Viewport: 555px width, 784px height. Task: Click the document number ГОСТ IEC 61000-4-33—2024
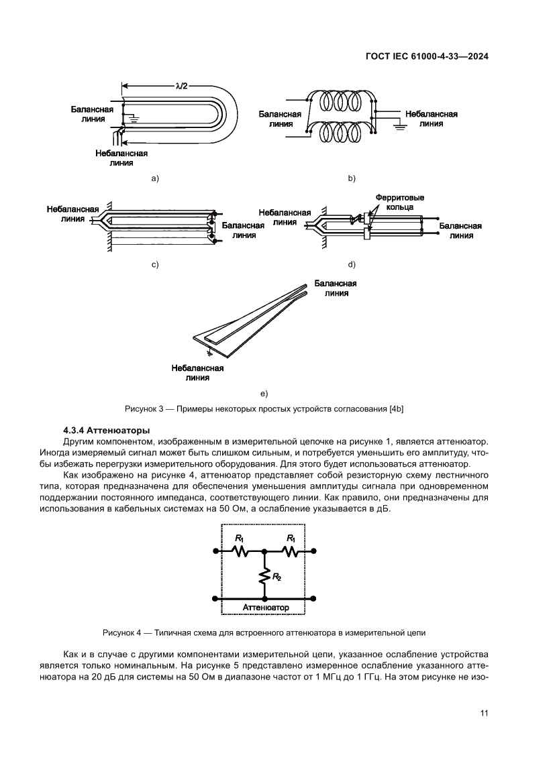click(426, 57)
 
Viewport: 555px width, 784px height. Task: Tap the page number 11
click(483, 713)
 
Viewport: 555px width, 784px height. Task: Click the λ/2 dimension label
click(181, 85)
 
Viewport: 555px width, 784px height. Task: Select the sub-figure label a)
click(154, 178)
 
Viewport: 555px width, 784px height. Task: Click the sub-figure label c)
click(154, 264)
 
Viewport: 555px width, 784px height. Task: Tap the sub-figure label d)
click(350, 264)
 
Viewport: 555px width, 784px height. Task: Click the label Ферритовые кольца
click(400, 203)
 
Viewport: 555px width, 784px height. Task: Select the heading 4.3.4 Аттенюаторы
click(106, 429)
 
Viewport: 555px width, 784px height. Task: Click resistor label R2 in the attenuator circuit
click(276, 577)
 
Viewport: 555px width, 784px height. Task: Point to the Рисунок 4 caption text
click(264, 632)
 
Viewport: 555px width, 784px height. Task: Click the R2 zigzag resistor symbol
click(265, 575)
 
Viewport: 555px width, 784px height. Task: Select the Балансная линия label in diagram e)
click(335, 288)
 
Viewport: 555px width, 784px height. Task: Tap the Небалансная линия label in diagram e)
click(197, 372)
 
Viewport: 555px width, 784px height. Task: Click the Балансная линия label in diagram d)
click(460, 231)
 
